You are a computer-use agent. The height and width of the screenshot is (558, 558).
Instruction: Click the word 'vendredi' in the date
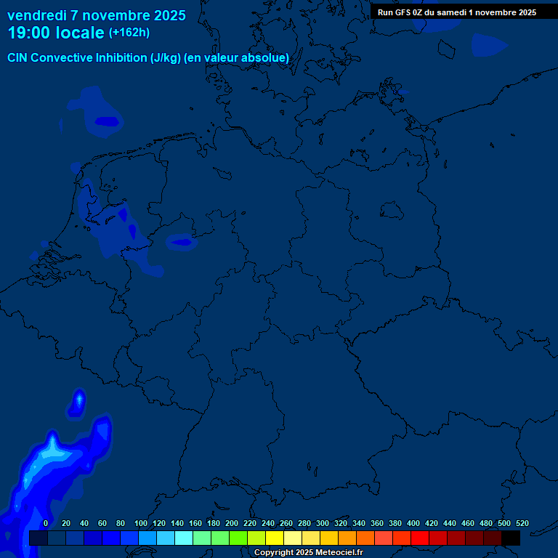point(37,15)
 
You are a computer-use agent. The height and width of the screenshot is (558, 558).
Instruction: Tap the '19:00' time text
point(28,33)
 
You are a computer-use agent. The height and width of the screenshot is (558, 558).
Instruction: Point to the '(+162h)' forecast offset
point(129,33)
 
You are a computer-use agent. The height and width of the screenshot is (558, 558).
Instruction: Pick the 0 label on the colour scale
point(46,524)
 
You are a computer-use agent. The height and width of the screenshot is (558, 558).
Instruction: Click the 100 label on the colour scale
point(140,524)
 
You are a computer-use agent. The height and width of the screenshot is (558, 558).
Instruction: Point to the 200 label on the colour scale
point(232,524)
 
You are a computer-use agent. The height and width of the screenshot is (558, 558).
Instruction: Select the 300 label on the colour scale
point(323,524)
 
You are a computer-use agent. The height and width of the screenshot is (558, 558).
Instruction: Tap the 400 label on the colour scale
point(413,524)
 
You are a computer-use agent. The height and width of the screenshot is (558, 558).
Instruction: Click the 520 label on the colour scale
point(522,524)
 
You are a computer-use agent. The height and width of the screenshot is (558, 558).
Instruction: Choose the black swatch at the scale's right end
point(511,538)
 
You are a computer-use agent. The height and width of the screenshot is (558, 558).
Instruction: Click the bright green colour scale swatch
point(238,538)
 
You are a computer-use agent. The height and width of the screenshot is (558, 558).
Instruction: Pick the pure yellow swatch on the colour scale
point(275,538)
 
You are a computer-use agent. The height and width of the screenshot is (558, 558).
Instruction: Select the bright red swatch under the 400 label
point(420,538)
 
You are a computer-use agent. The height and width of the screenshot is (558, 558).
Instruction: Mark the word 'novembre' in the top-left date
point(114,15)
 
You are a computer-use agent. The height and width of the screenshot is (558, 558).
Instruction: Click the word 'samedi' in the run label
point(452,12)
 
